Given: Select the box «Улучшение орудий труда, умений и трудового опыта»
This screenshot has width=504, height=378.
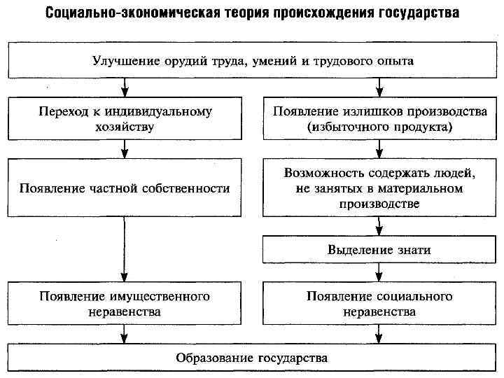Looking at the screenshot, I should (x=253, y=60).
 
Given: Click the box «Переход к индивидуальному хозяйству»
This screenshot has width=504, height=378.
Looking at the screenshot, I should (x=125, y=119).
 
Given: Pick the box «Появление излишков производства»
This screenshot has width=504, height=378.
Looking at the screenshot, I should (x=379, y=119).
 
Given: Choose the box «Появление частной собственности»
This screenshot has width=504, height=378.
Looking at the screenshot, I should (x=125, y=188).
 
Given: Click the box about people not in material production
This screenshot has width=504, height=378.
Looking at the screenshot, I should (x=379, y=188).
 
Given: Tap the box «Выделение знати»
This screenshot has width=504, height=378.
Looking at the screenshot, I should (x=379, y=249).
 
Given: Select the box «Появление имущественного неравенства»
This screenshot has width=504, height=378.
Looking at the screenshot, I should (x=125, y=303).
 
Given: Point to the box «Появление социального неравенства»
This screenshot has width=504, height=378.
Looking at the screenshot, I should (x=379, y=303).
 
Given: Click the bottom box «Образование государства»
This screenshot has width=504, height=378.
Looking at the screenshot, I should (x=253, y=358).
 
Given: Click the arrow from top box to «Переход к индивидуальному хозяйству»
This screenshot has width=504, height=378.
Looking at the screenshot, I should (x=125, y=87).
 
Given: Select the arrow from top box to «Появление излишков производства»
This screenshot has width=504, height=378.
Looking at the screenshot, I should (x=379, y=87).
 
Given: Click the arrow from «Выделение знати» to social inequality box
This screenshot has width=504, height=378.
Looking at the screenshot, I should (x=379, y=272).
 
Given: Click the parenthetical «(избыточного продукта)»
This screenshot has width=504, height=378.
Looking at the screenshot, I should (x=379, y=127).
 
